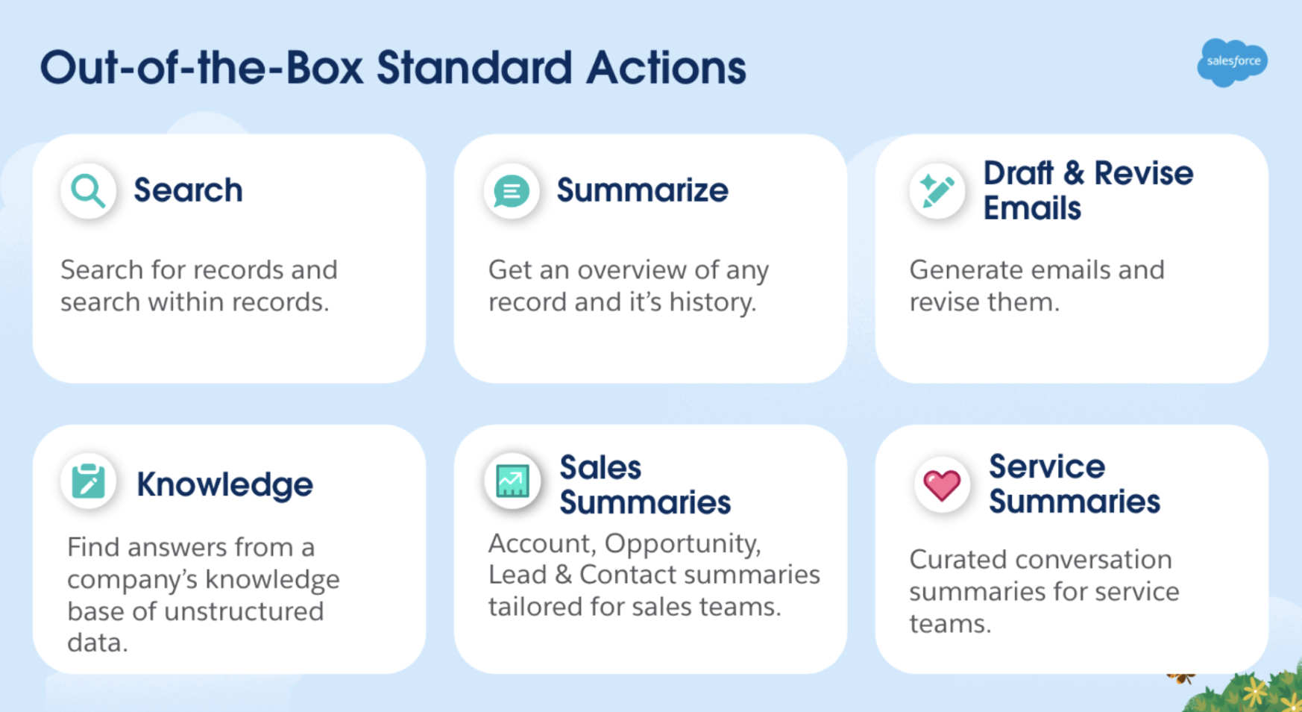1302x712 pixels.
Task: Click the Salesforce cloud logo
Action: [1232, 62]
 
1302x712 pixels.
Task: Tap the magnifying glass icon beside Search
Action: [88, 191]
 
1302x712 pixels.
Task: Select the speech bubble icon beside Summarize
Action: [512, 192]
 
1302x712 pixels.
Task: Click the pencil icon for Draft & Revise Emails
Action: [937, 191]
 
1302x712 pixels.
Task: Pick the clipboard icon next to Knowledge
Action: [88, 481]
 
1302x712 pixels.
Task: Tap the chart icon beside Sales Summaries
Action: [512, 481]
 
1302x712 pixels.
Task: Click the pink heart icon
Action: [942, 485]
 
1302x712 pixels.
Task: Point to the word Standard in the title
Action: [474, 68]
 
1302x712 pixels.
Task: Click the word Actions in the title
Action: [666, 68]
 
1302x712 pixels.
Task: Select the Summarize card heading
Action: [642, 190]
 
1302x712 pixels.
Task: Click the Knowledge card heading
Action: [224, 485]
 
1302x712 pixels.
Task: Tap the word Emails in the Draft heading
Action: [1032, 208]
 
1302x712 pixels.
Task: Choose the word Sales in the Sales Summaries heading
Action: [600, 468]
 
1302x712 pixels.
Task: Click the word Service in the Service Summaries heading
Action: [1047, 467]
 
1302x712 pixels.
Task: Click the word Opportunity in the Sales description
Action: [682, 544]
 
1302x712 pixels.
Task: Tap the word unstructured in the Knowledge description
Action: [244, 611]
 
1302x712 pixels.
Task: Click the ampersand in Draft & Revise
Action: [1074, 173]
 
